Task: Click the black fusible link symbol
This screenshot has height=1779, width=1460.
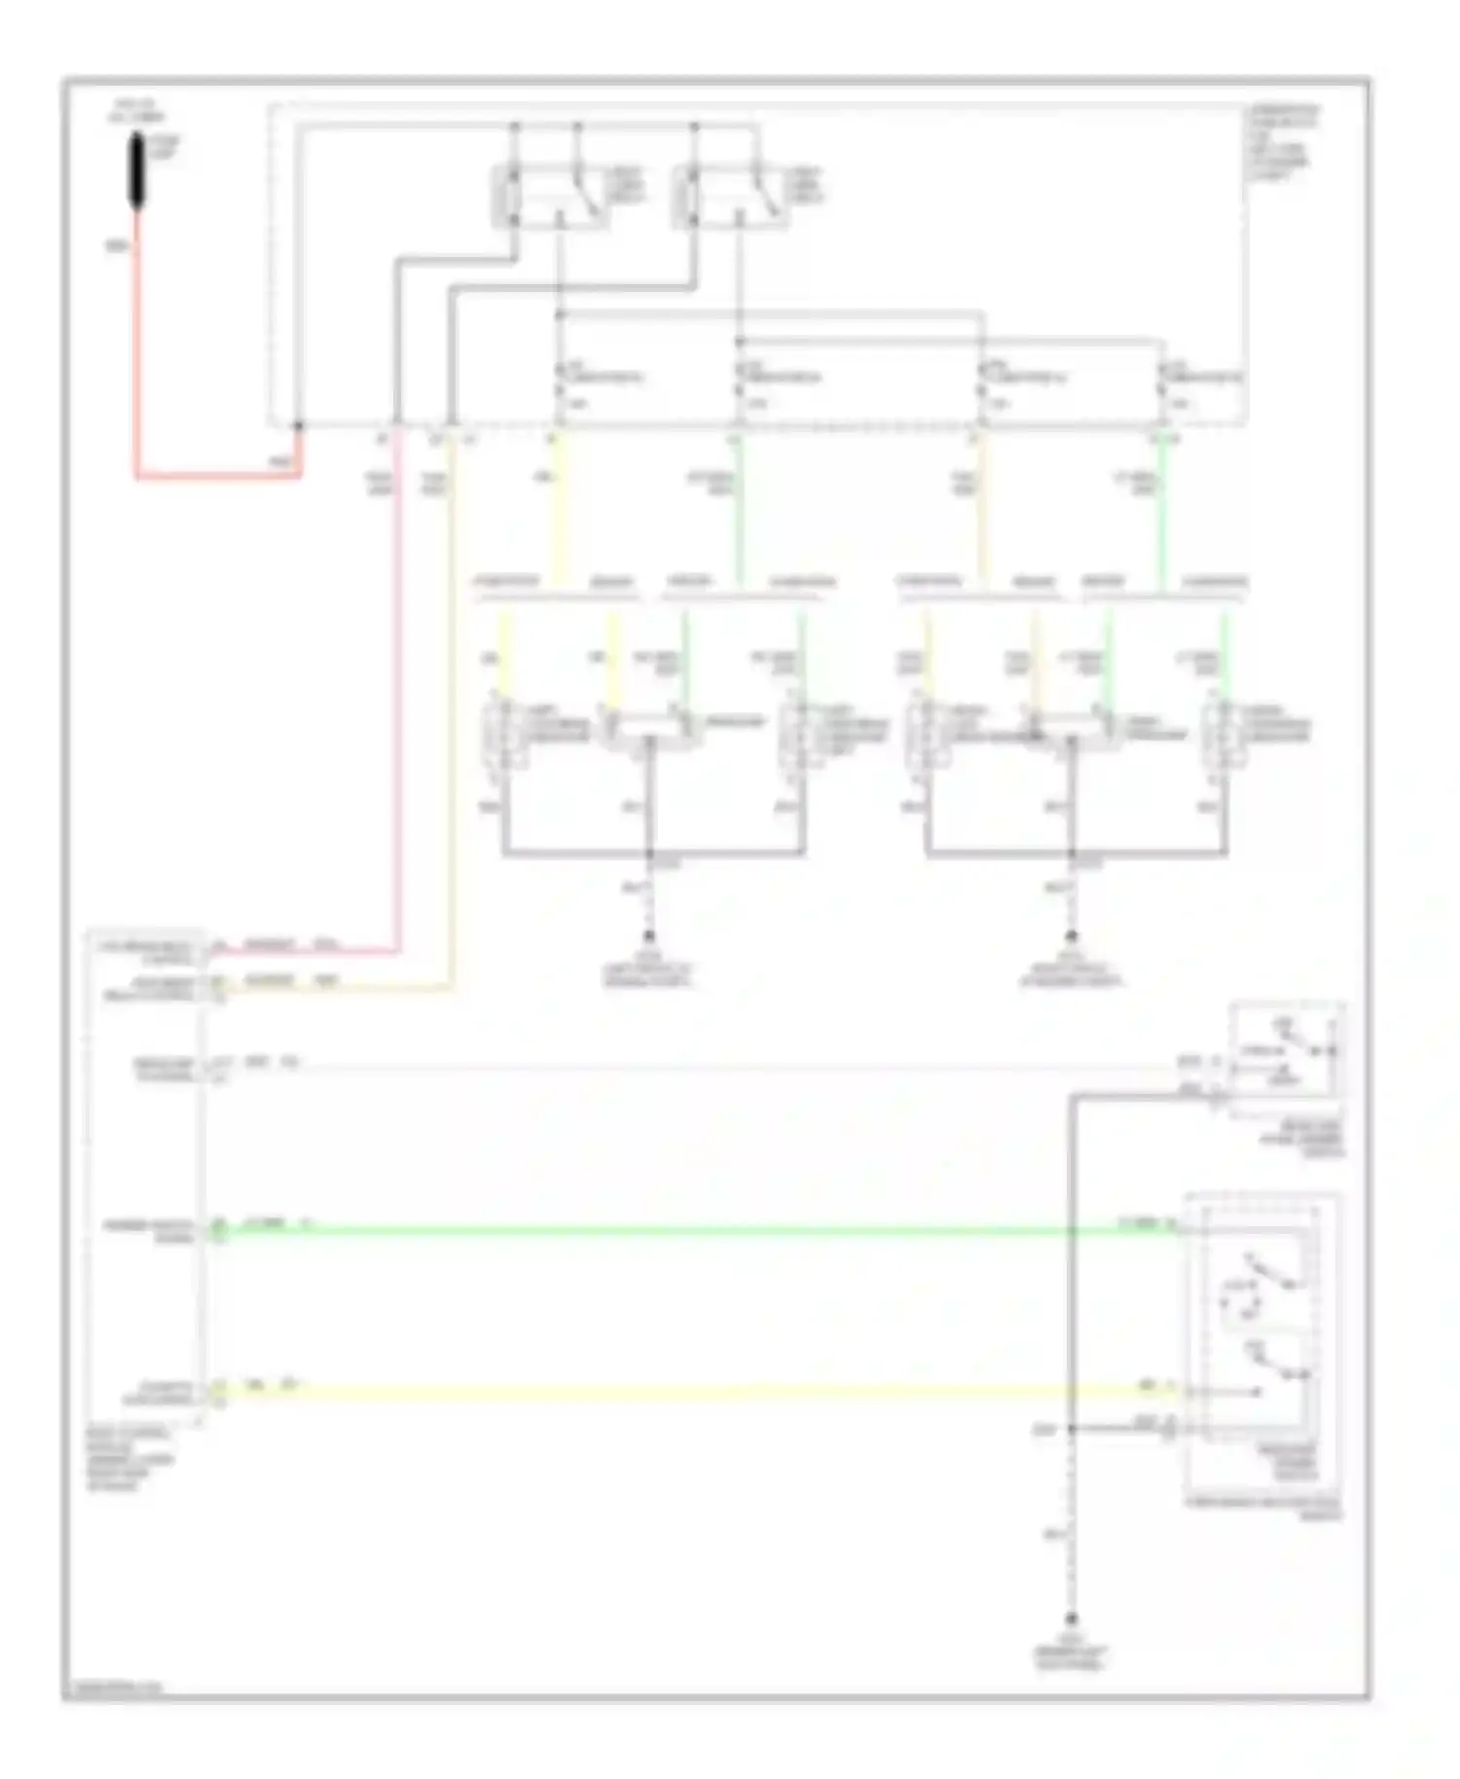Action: tap(137, 171)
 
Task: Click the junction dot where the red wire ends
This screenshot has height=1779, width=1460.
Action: tap(299, 426)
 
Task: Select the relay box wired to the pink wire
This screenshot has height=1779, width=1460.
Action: tap(552, 198)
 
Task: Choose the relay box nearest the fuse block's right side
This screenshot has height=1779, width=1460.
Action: tap(731, 198)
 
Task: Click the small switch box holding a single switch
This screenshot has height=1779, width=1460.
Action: tap(1287, 1054)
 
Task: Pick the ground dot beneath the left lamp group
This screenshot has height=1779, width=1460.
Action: tap(650, 934)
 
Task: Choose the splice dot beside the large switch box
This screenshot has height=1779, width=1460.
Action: tap(1071, 1430)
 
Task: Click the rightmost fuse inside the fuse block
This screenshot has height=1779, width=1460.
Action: tap(1162, 389)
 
